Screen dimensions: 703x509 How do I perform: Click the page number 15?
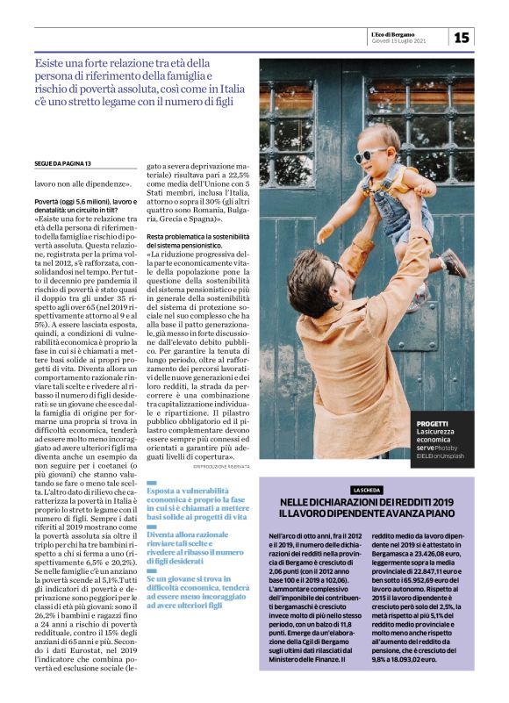coord(462,37)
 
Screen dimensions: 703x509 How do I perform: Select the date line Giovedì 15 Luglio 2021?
coord(402,41)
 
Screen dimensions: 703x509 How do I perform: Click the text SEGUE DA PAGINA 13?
coord(63,164)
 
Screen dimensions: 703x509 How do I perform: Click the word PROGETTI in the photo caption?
coord(433,423)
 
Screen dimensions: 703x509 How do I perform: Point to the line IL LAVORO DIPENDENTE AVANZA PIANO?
coord(367,513)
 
